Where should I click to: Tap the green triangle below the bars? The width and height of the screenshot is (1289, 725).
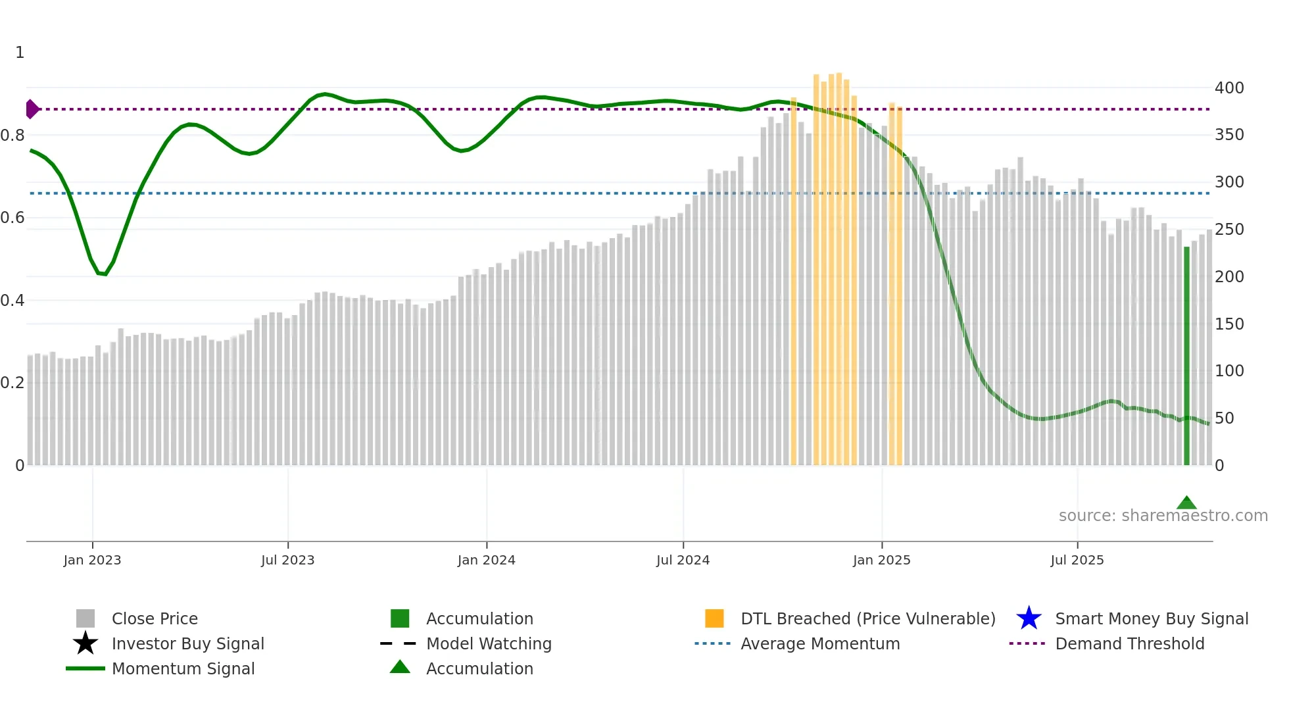pyautogui.click(x=1186, y=503)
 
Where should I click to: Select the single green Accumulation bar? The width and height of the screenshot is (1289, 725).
pyautogui.click(x=1186, y=356)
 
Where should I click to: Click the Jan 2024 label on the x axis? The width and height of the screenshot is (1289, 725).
pyautogui.click(x=486, y=560)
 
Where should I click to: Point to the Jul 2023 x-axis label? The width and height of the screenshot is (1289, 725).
pyautogui.click(x=287, y=560)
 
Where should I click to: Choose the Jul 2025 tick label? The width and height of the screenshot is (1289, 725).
pyautogui.click(x=1077, y=560)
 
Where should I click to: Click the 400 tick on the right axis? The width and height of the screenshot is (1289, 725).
pyautogui.click(x=1228, y=88)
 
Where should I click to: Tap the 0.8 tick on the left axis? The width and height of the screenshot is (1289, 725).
pyautogui.click(x=12, y=136)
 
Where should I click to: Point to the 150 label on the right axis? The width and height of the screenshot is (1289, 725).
pyautogui.click(x=1228, y=324)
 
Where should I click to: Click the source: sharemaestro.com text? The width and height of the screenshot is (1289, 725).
pyautogui.click(x=1163, y=516)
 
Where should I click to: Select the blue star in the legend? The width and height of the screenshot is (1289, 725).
pyautogui.click(x=1029, y=618)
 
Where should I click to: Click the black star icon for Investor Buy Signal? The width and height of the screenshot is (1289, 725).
pyautogui.click(x=85, y=643)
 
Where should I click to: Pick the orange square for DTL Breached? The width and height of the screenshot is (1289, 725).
pyautogui.click(x=714, y=618)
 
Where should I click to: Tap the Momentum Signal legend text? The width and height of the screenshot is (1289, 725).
pyautogui.click(x=183, y=668)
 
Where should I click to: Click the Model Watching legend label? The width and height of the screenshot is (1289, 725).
pyautogui.click(x=489, y=643)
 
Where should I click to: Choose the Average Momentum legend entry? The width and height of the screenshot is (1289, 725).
pyautogui.click(x=820, y=643)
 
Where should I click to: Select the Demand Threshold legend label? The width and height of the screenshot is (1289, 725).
pyautogui.click(x=1129, y=643)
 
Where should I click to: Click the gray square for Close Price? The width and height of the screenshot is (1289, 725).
pyautogui.click(x=85, y=618)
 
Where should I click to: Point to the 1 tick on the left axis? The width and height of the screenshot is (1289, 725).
pyautogui.click(x=20, y=53)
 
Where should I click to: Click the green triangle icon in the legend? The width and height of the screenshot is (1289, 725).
pyautogui.click(x=400, y=667)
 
